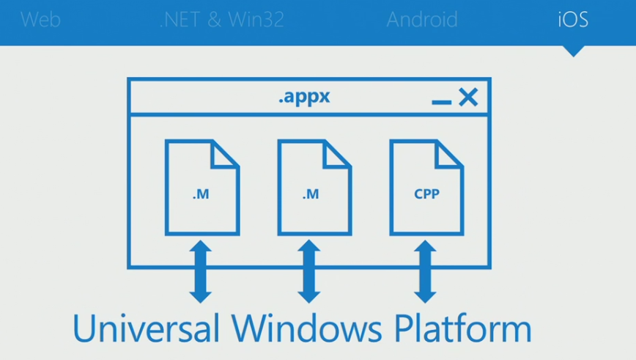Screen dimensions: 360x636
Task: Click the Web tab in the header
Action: coord(40,20)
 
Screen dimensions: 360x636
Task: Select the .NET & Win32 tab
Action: coord(222,20)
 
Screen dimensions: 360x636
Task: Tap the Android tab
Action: coord(422,20)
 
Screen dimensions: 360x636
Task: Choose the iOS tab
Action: coord(573,20)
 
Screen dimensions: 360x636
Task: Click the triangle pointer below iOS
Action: coord(574,50)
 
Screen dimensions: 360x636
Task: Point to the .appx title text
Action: coord(304,97)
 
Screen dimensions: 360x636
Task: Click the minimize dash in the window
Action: coord(441,102)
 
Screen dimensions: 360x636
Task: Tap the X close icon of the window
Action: coord(468,97)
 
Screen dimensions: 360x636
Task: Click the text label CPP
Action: coord(426,195)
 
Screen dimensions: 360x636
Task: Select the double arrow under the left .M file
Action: coord(201,272)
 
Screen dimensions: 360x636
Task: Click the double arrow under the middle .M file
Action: coord(309,272)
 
